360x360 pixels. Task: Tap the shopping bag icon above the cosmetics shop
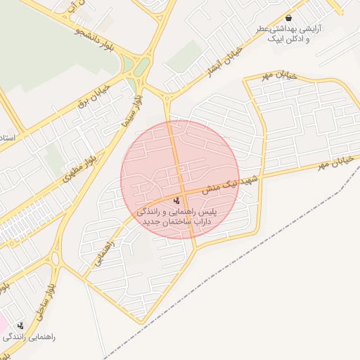click(x=288, y=18)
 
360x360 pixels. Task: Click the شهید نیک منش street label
click(x=231, y=185)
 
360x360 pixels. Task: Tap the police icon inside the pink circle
click(x=176, y=202)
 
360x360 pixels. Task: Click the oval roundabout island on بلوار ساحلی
click(x=56, y=258)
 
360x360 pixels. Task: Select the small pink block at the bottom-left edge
click(x=3, y=324)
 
